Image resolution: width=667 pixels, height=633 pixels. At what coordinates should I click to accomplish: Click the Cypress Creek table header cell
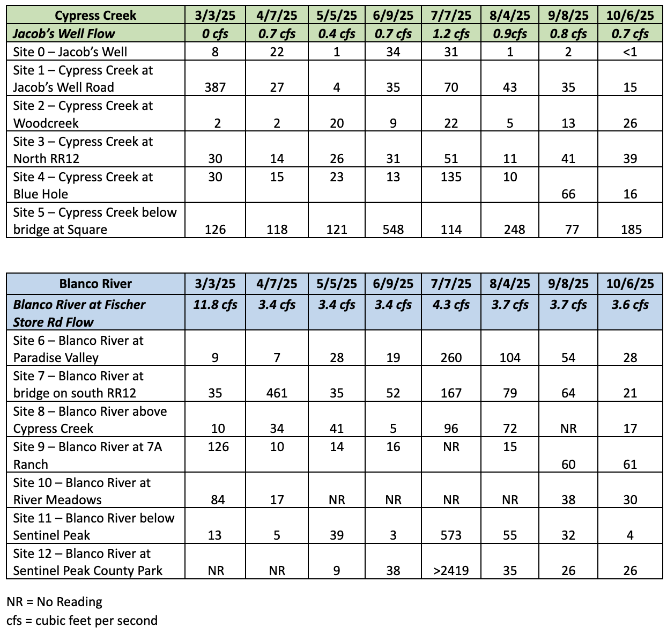point(95,15)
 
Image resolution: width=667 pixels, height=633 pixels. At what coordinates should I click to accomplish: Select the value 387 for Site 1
point(215,87)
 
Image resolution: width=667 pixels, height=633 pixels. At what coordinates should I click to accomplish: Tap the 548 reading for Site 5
point(393,230)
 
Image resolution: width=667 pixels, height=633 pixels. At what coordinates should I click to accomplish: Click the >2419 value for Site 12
point(451,571)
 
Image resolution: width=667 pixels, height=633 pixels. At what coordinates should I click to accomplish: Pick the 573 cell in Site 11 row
point(451,535)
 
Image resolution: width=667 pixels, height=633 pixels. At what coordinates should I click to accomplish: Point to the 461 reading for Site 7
point(277,393)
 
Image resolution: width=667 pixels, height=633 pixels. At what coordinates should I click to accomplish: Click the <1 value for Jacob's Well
point(630,52)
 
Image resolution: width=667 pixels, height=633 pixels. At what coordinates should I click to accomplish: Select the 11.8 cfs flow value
point(215,305)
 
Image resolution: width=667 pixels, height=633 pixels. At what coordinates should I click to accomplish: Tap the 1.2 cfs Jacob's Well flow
point(451,34)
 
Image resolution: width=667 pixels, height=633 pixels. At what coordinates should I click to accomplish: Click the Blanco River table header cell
point(95,284)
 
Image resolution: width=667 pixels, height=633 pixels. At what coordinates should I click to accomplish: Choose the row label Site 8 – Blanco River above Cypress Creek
point(90,420)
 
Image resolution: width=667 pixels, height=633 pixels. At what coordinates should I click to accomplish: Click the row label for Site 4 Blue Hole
point(83,185)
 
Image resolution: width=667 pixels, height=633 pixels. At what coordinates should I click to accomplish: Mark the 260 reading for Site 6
point(451,358)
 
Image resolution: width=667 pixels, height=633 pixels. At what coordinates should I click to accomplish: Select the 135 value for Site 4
point(451,177)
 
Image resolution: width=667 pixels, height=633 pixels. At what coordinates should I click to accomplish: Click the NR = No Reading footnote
point(54,602)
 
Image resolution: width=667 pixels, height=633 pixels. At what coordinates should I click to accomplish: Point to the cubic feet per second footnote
point(82,621)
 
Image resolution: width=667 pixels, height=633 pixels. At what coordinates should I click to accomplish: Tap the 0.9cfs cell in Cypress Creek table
point(509,34)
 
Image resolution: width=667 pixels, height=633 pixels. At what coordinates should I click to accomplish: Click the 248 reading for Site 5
point(509,230)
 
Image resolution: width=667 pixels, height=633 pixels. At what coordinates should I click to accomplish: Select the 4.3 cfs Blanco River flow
point(451,305)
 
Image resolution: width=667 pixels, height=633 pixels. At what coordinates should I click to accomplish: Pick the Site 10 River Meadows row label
point(82,491)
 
